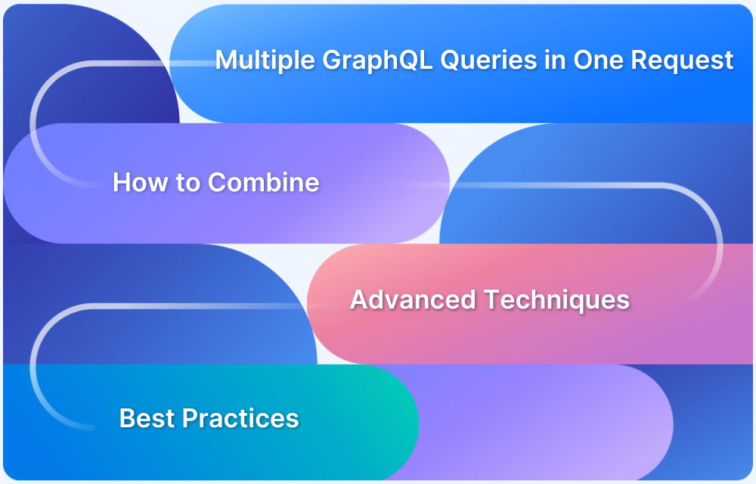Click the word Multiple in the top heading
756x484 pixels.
[x=265, y=60]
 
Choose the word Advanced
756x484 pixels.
[x=413, y=299]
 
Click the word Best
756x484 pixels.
[x=147, y=418]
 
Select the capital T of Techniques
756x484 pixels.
[x=491, y=299]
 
